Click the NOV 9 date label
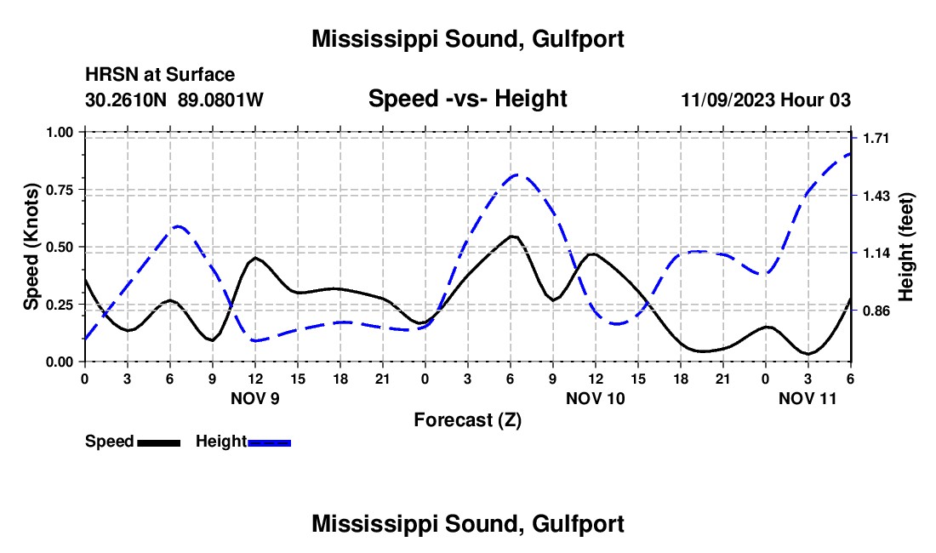pyautogui.click(x=255, y=398)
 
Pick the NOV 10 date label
pyautogui.click(x=596, y=398)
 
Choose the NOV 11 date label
pyautogui.click(x=808, y=398)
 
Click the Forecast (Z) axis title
pyautogui.click(x=467, y=419)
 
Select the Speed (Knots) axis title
pyautogui.click(x=31, y=247)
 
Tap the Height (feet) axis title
pyautogui.click(x=905, y=247)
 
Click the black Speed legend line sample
pyautogui.click(x=159, y=442)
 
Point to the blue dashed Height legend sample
pyautogui.click(x=270, y=442)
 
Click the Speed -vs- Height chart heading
pyautogui.click(x=467, y=99)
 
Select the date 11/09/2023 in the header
pyautogui.click(x=728, y=100)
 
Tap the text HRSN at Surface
pyautogui.click(x=160, y=75)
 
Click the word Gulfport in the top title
pyautogui.click(x=579, y=39)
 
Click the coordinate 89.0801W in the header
pyautogui.click(x=221, y=100)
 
